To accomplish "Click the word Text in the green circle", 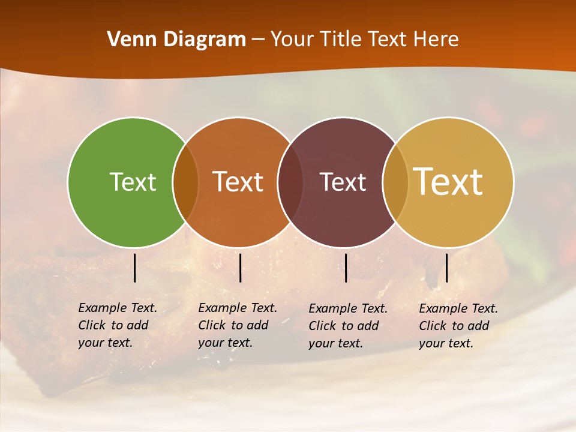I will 133,182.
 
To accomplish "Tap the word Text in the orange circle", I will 238,182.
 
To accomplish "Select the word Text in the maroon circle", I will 343,182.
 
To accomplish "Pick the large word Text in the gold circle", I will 448,181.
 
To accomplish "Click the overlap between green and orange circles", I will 185,182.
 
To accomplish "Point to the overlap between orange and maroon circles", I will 290,182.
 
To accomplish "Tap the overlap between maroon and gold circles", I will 395,182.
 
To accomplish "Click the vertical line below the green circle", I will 135,268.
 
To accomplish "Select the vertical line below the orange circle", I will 240,268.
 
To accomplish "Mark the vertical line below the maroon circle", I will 346,268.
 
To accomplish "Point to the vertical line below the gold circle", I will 446,268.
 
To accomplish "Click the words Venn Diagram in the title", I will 176,40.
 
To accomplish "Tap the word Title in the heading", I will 340,40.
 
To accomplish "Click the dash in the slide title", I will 258,40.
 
